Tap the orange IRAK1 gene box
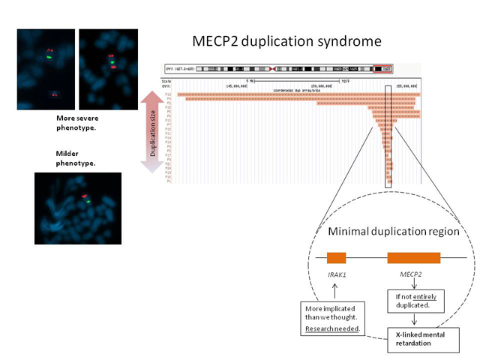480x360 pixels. point(337,257)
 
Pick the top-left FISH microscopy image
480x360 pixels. point(46,69)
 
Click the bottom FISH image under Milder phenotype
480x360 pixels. point(77,208)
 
